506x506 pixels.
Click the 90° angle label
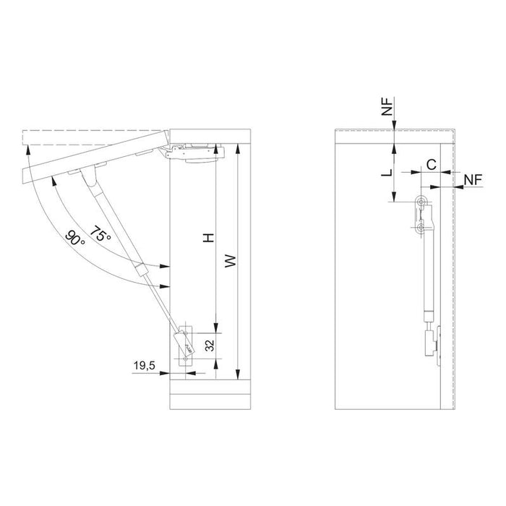pos(75,238)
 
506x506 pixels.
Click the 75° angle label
pos(100,233)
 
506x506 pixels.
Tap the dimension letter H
pos(208,238)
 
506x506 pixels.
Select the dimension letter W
pos(231,260)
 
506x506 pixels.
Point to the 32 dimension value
pos(210,346)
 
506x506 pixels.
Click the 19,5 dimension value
pos(145,366)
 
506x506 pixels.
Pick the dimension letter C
pos(432,165)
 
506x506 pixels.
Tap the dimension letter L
pos(387,172)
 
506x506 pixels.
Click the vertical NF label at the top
pos(387,106)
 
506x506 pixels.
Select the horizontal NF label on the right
pos(473,180)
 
